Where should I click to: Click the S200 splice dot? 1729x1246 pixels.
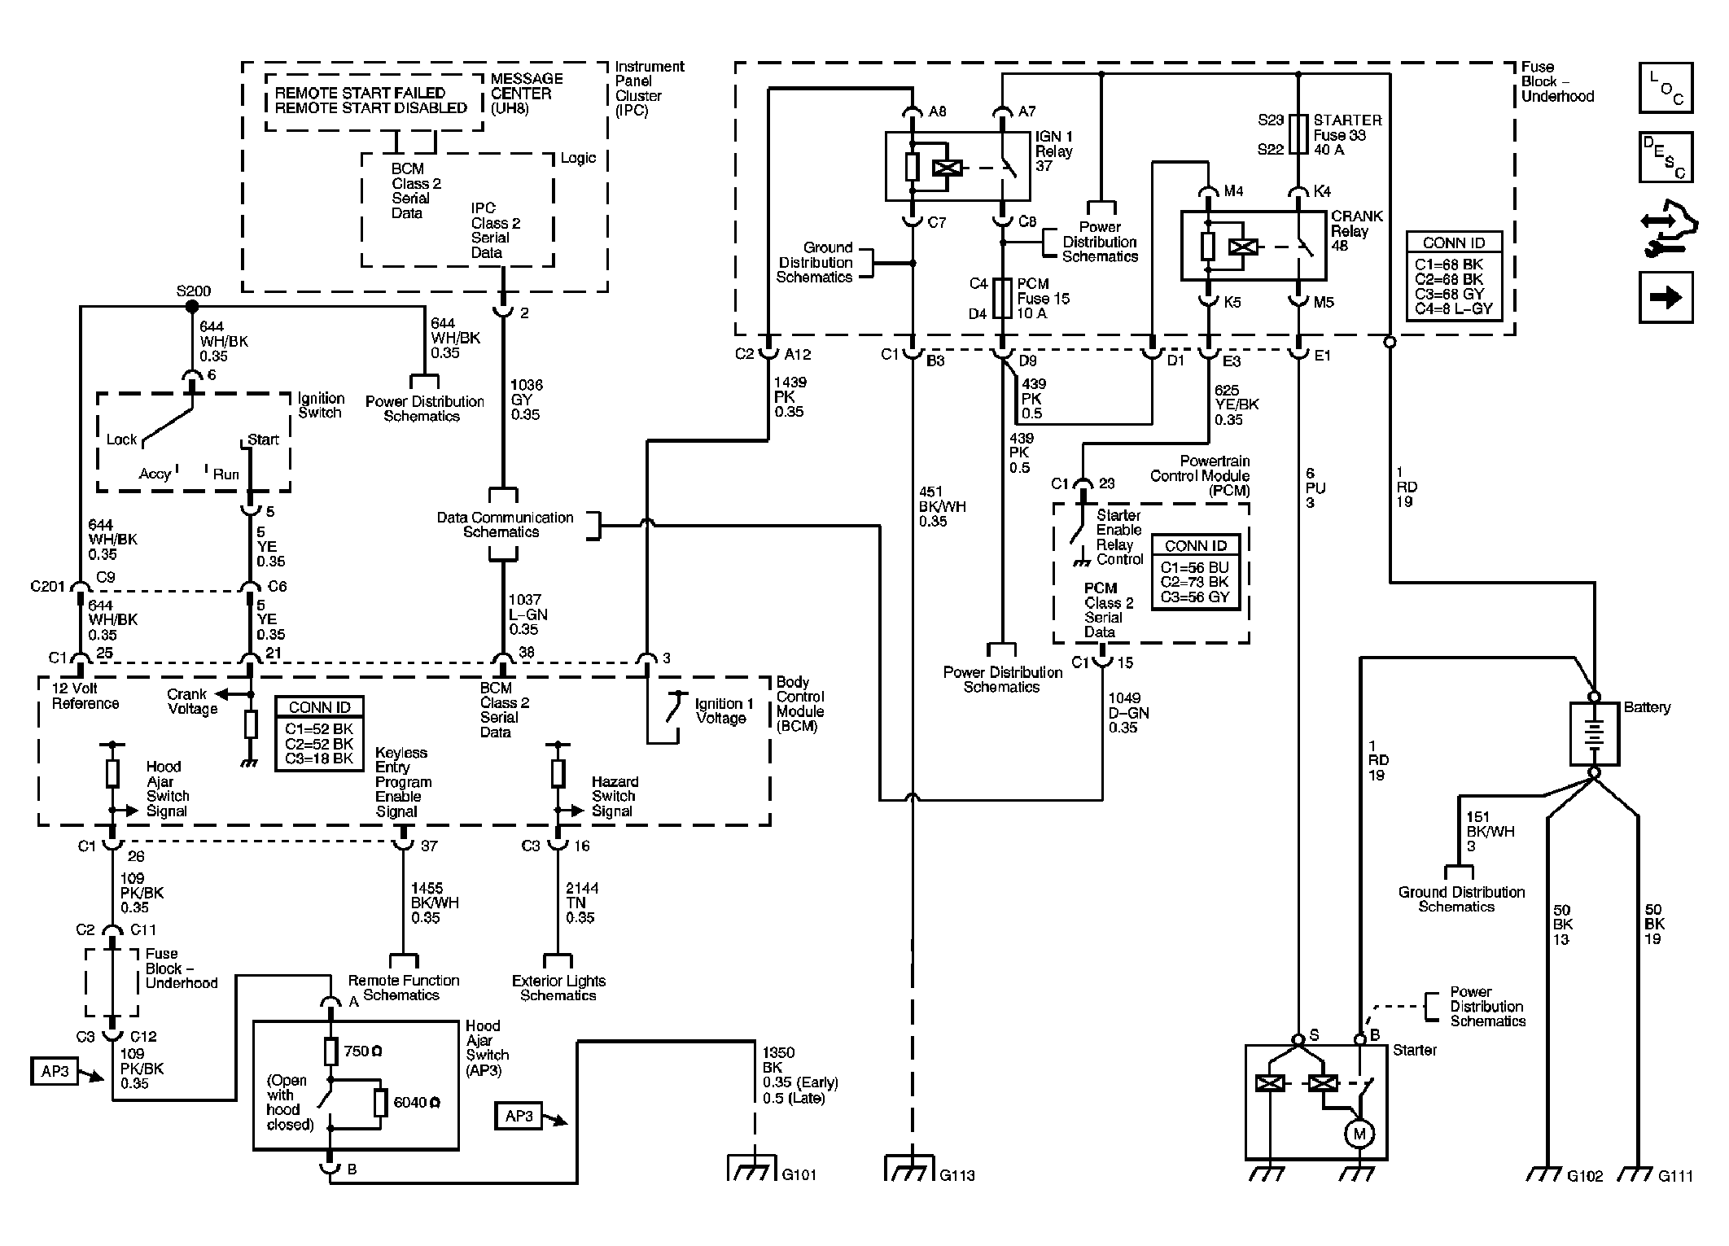click(x=192, y=307)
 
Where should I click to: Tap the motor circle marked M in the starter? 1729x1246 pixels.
click(x=1359, y=1134)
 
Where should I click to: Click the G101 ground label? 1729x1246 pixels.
click(x=799, y=1174)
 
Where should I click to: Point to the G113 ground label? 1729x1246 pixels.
click(x=956, y=1175)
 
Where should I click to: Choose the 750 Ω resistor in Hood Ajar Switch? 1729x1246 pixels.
click(x=330, y=1051)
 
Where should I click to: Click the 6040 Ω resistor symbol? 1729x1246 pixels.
click(x=380, y=1103)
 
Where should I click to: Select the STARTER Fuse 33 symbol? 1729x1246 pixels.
click(x=1300, y=134)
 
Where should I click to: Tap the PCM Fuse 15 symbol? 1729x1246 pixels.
click(x=1003, y=299)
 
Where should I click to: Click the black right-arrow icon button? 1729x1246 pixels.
click(x=1666, y=297)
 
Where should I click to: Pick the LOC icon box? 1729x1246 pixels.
click(x=1666, y=88)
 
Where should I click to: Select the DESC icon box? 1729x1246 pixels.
click(x=1666, y=157)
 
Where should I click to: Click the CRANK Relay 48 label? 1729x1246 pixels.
click(x=1356, y=231)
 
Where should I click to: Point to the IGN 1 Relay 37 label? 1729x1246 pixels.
click(x=1054, y=151)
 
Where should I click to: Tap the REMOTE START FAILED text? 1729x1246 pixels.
click(x=360, y=93)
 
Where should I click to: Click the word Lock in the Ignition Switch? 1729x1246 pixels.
click(x=121, y=439)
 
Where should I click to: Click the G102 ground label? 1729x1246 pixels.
click(x=1585, y=1175)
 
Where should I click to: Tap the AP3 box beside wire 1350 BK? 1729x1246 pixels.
click(x=519, y=1115)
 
